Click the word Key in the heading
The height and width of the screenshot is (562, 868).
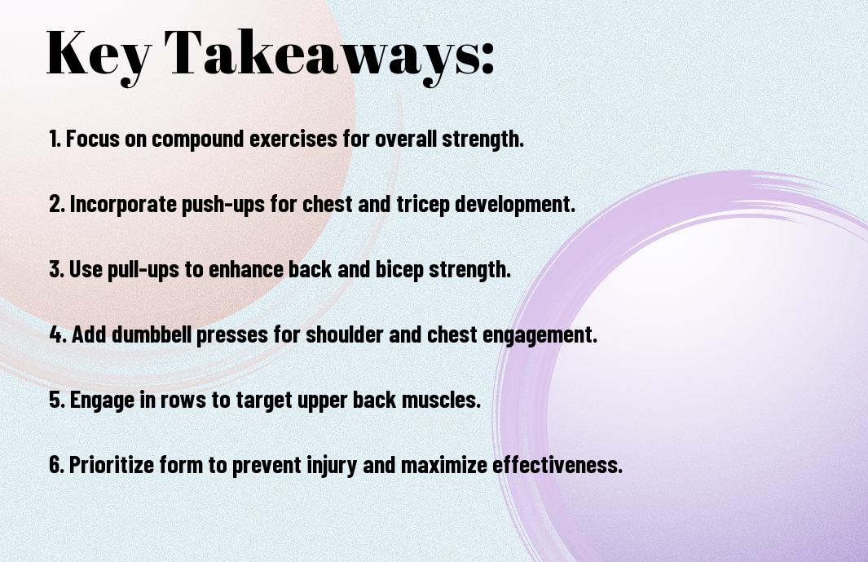click(x=99, y=54)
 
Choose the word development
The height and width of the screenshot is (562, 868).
click(x=515, y=205)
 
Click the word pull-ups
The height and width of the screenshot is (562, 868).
click(x=143, y=269)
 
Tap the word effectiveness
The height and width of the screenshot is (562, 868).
click(x=557, y=464)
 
